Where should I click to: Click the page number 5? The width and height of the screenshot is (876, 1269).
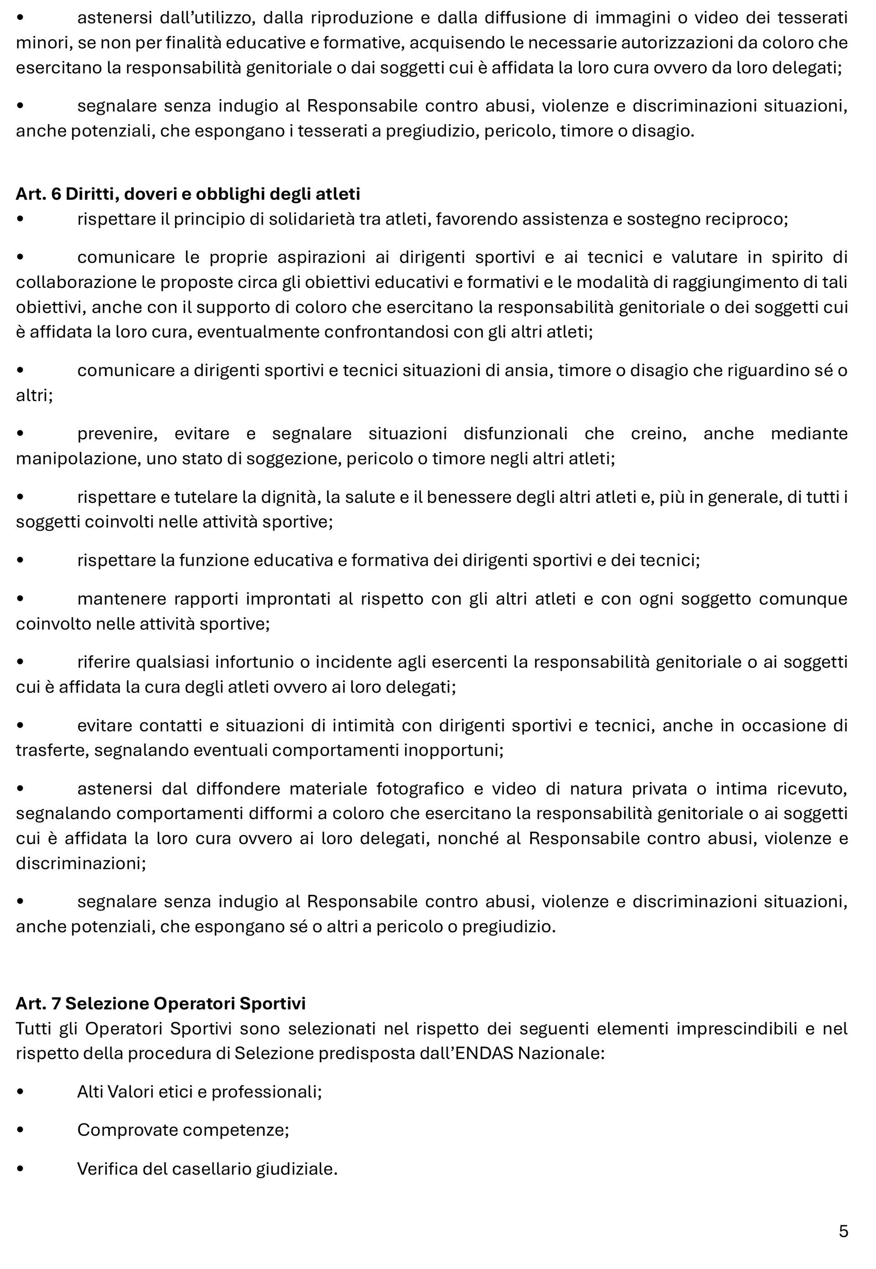coord(843,1231)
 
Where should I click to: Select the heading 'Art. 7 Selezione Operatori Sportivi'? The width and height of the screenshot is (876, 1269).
coord(160,1003)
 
